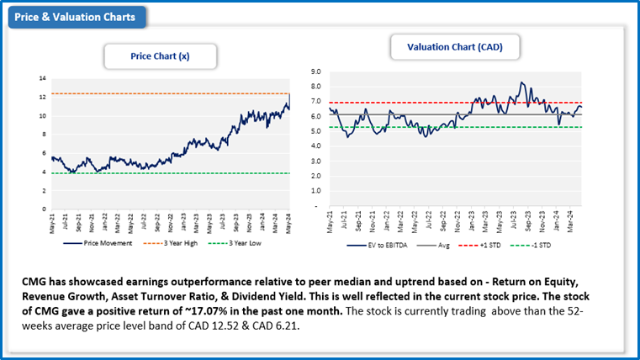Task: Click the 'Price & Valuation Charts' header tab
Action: pos(76,16)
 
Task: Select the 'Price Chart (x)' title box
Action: pos(160,56)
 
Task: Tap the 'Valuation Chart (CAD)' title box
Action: pos(454,48)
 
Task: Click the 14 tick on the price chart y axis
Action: pos(42,78)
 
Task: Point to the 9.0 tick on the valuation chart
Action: pos(315,72)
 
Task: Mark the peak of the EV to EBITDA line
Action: pos(521,82)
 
